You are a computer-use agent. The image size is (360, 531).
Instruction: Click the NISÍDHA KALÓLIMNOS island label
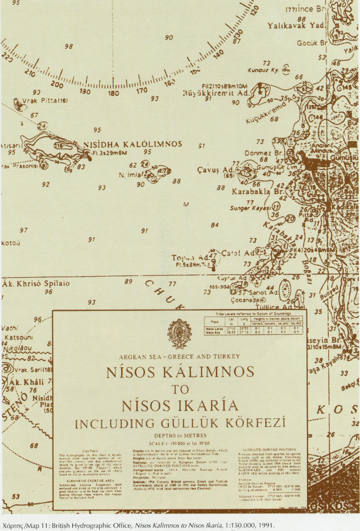pyautogui.click(x=133, y=144)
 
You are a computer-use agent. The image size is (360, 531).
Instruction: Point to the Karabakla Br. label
pyautogui.click(x=257, y=193)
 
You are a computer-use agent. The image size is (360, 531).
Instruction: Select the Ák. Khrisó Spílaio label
pyautogui.click(x=36, y=283)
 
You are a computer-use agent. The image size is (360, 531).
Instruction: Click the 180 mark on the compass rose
pyautogui.click(x=114, y=93)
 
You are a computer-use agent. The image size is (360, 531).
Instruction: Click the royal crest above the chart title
pyautogui.click(x=180, y=331)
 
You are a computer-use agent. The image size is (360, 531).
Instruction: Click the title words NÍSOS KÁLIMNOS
pyautogui.click(x=180, y=372)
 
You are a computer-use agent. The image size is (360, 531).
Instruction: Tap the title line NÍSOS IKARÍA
pyautogui.click(x=180, y=406)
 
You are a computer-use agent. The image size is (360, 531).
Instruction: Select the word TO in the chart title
pyautogui.click(x=180, y=389)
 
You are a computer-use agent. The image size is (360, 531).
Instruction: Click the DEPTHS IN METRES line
pyautogui.click(x=180, y=435)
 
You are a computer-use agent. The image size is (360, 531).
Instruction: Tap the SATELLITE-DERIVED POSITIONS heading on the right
pyautogui.click(x=269, y=449)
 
